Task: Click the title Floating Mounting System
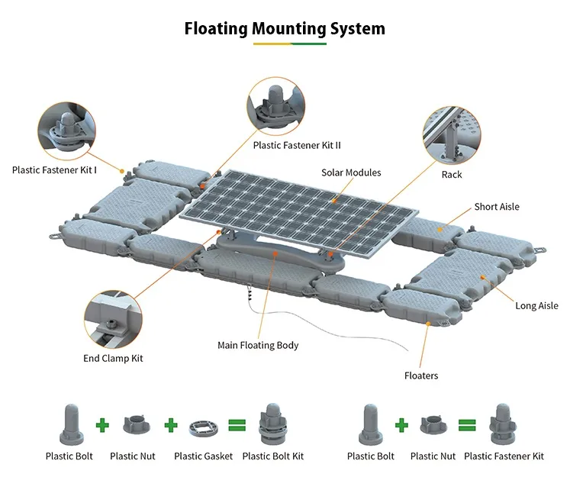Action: pyautogui.click(x=285, y=28)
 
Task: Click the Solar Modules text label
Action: pyautogui.click(x=351, y=172)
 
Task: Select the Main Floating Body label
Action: pyautogui.click(x=258, y=345)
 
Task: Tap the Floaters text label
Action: pyautogui.click(x=421, y=375)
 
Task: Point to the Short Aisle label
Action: pyautogui.click(x=497, y=207)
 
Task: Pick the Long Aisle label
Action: pyautogui.click(x=536, y=306)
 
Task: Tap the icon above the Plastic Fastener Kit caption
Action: pyautogui.click(x=504, y=423)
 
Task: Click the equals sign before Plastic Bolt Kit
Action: pyautogui.click(x=236, y=424)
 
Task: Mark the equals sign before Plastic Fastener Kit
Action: pyautogui.click(x=467, y=424)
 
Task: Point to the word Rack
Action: pyautogui.click(x=452, y=175)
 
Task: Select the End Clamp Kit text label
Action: pyautogui.click(x=113, y=358)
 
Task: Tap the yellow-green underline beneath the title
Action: pyautogui.click(x=289, y=44)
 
